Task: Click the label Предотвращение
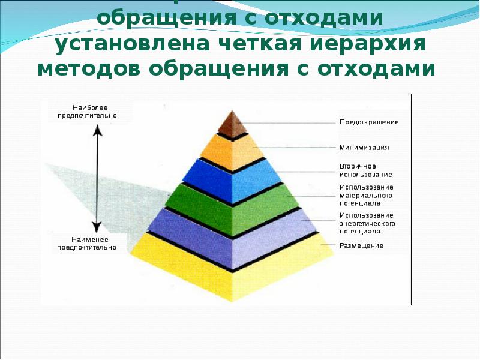369,122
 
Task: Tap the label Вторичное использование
365,170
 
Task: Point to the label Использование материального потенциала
366,196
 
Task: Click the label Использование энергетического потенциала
367,223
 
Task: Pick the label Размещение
361,245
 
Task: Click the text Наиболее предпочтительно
87,110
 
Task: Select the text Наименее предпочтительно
87,242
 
